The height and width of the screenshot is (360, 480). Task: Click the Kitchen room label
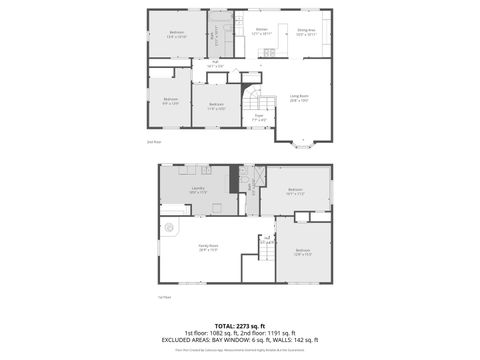pyautogui.click(x=261, y=31)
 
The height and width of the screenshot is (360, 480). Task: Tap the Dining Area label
pyautogui.click(x=306, y=31)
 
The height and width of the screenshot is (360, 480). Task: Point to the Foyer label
pyautogui.click(x=258, y=117)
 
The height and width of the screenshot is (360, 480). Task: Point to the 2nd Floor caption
pyautogui.click(x=154, y=141)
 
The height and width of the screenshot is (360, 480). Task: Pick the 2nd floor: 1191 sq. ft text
pyautogui.click(x=269, y=333)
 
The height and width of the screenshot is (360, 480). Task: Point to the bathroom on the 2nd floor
pyautogui.click(x=220, y=38)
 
